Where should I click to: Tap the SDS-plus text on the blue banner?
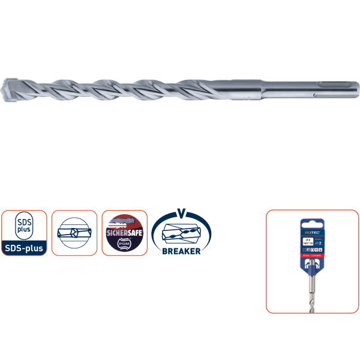(x=24, y=248)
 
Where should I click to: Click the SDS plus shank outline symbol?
(x=24, y=227)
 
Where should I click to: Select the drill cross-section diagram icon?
(x=74, y=233)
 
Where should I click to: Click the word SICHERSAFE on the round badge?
(x=124, y=231)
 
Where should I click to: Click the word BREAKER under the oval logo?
(x=181, y=251)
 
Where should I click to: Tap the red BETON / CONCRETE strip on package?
(x=313, y=254)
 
